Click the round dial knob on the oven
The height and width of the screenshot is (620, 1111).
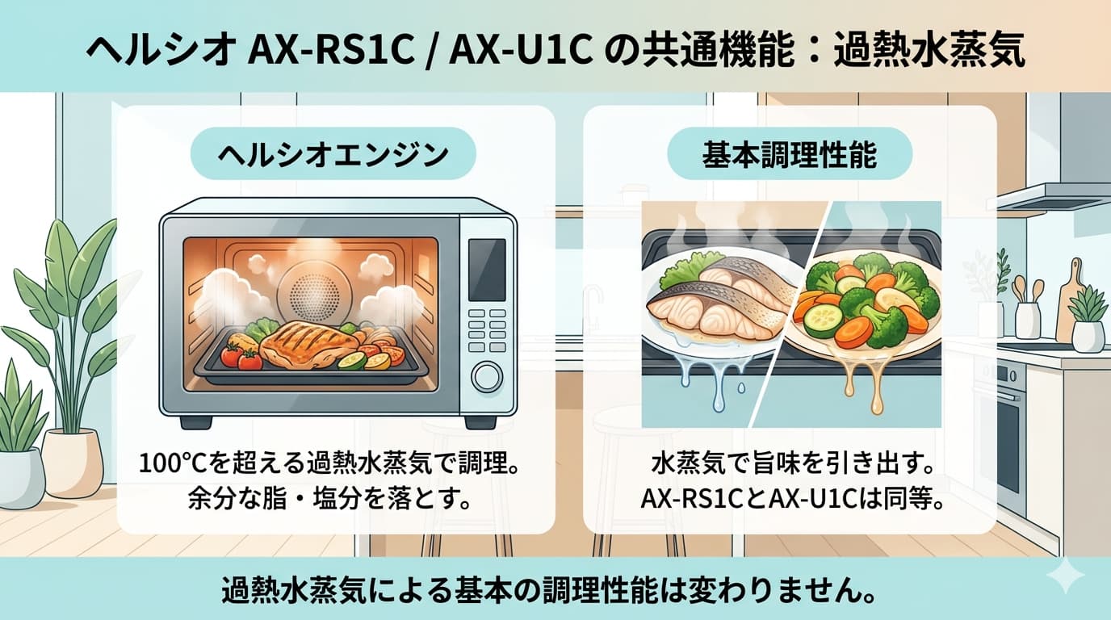pyautogui.click(x=487, y=377)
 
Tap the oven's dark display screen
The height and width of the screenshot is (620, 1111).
pyautogui.click(x=488, y=270)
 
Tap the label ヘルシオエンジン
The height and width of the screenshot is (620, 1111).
pyautogui.click(x=333, y=154)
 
